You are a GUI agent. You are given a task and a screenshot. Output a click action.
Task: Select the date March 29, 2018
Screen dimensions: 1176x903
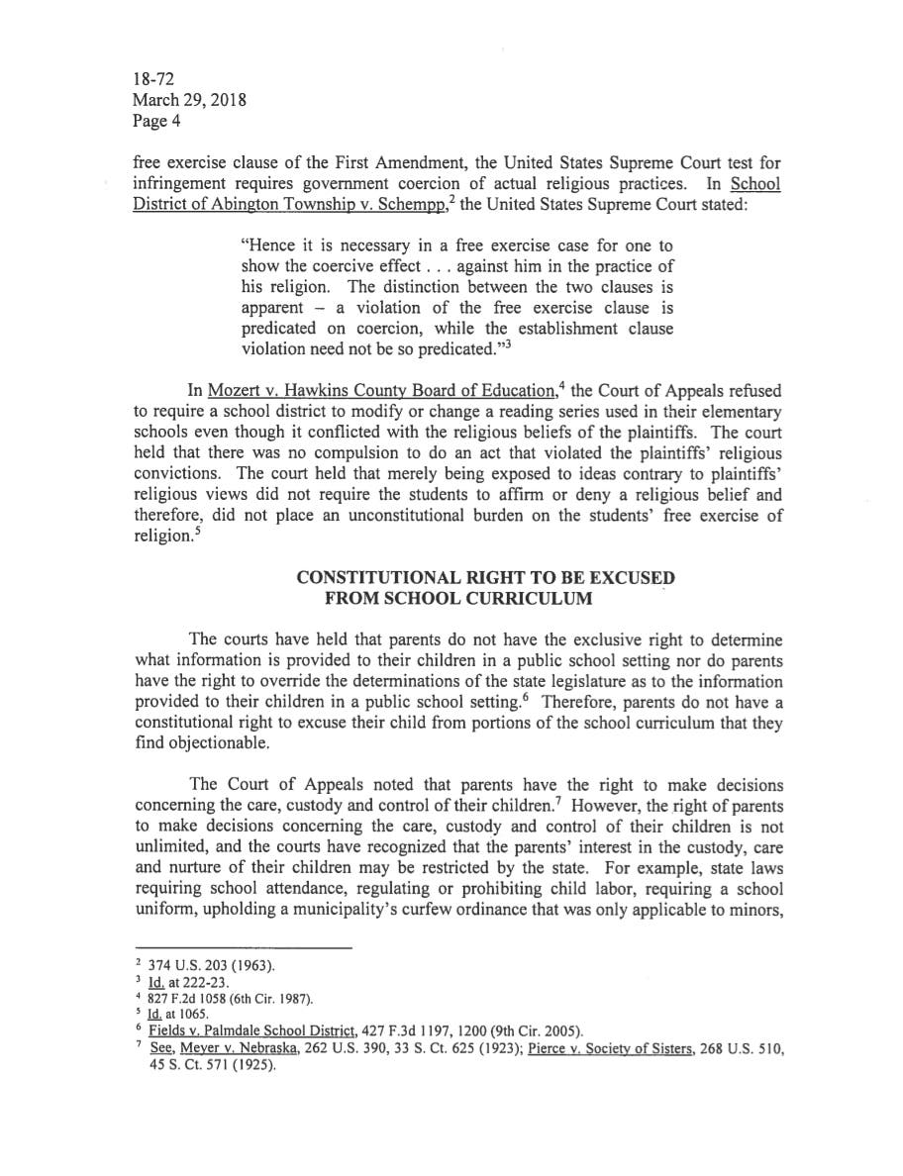click(x=189, y=100)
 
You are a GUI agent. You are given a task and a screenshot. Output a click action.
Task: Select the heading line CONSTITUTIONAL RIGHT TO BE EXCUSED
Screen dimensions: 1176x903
click(x=485, y=578)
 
